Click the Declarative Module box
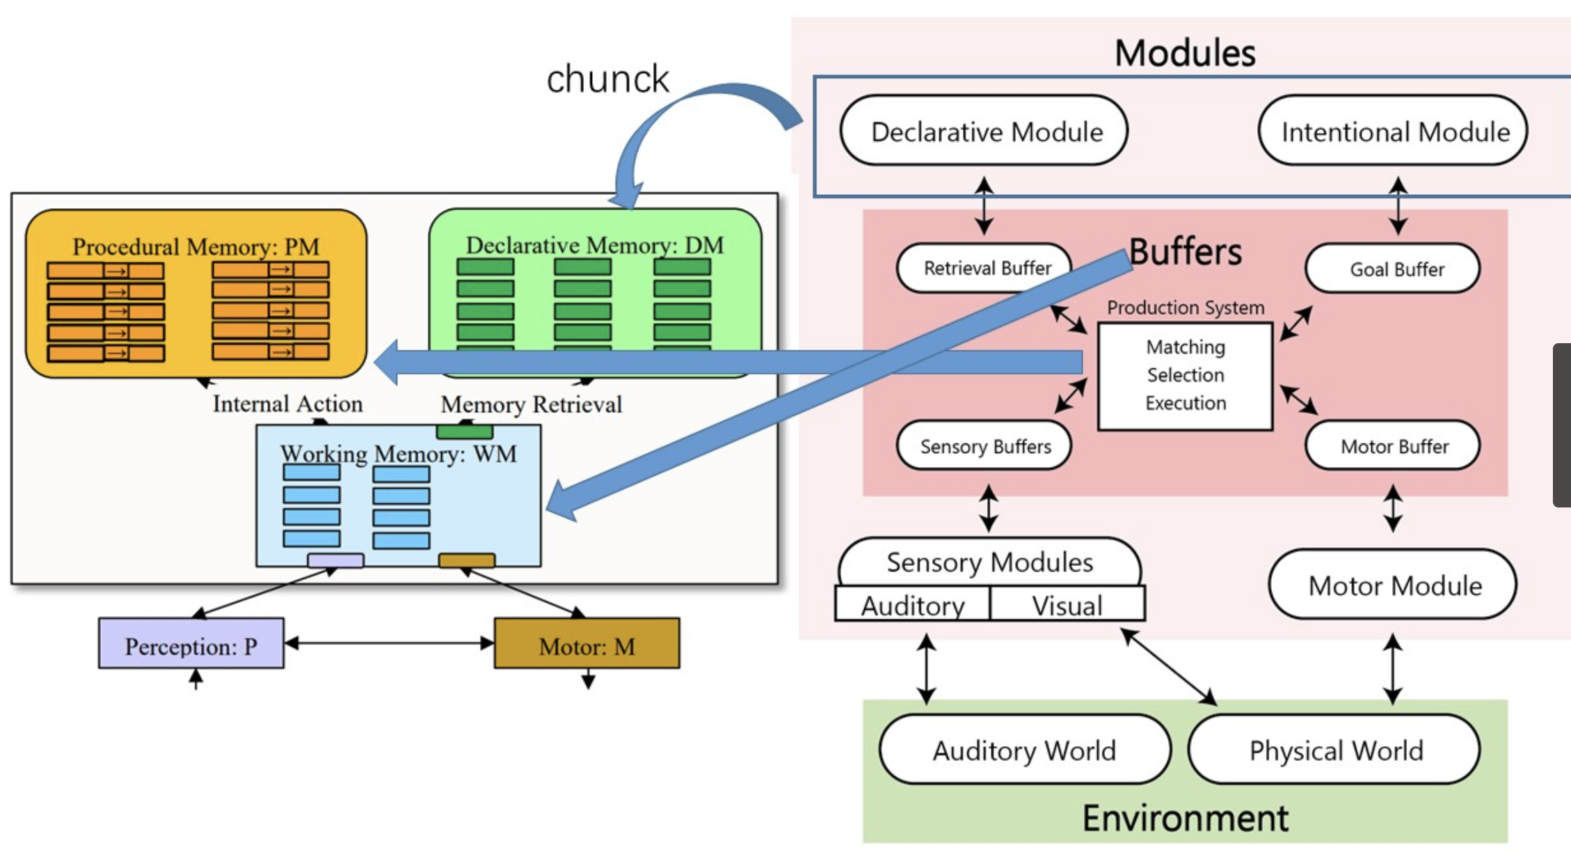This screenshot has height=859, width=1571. point(984,132)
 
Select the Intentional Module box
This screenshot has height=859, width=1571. point(1393,132)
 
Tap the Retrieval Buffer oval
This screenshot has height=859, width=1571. point(984,268)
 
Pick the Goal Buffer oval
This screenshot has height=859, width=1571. point(1393,269)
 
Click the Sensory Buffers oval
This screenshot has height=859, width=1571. point(984,446)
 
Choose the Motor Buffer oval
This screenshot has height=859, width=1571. point(1393,446)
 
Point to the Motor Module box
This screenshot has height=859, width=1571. point(1393,585)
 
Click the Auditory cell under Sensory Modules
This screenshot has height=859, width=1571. point(912,605)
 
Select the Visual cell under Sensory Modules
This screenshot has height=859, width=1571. point(1067,605)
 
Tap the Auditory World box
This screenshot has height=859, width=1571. point(1024,750)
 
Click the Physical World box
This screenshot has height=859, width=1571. point(1334,750)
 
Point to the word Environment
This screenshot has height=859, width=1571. point(1185,818)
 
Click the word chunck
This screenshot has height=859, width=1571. point(607,79)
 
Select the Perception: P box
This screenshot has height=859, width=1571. point(191,645)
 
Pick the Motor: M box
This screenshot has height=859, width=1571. point(587,645)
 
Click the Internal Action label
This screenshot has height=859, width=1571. point(287,404)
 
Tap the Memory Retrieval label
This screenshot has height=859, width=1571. point(531,404)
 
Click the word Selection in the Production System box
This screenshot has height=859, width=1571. point(1185,375)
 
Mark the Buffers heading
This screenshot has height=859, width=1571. point(1185,251)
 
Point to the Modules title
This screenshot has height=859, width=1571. point(1185,53)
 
